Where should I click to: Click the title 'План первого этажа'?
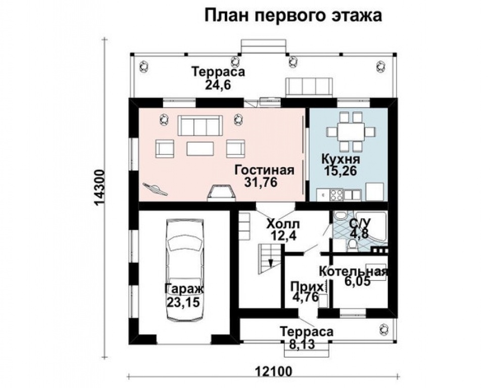pos(292,16)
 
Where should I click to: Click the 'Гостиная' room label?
pos(264,170)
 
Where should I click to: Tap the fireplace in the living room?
pos(221,192)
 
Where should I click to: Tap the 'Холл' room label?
pos(283,223)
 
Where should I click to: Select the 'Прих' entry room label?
pos(304,286)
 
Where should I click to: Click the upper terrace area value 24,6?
pos(218,85)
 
